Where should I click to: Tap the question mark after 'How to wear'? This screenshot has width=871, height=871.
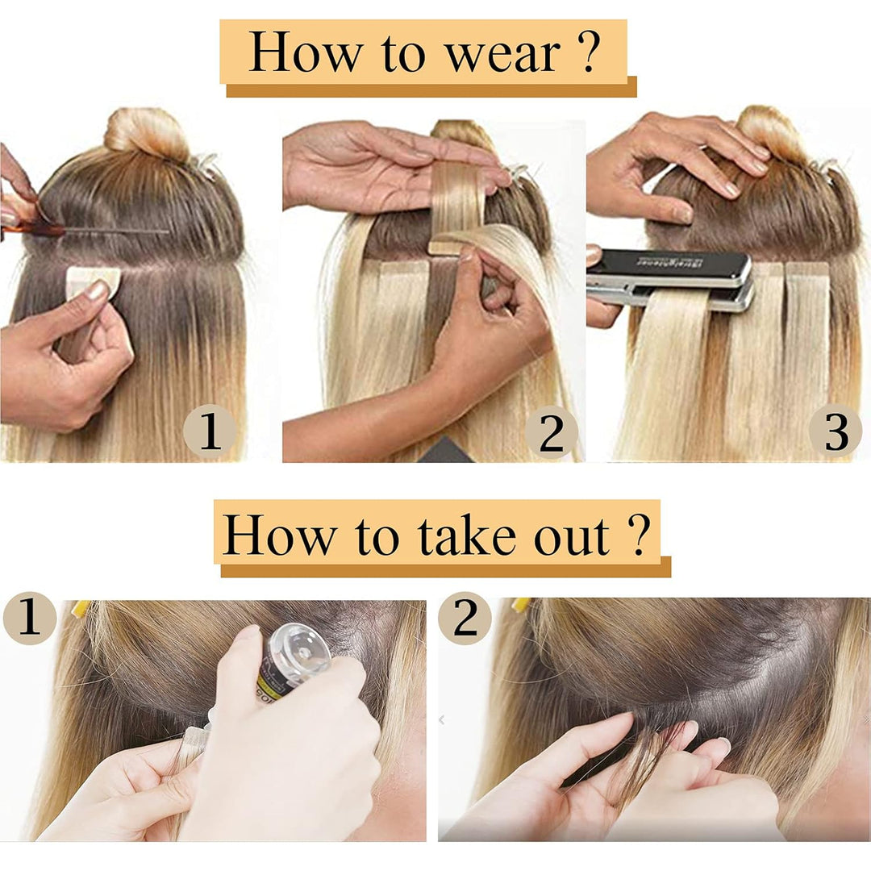[590, 52]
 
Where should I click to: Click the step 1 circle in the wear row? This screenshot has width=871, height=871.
[210, 431]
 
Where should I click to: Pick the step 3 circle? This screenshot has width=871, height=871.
[836, 431]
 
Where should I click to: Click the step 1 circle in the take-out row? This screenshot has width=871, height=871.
[30, 619]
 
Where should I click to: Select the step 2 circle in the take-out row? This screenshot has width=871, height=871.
[465, 619]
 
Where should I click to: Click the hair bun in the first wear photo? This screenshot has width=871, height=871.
[147, 131]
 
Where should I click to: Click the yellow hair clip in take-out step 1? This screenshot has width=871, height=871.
[80, 607]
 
